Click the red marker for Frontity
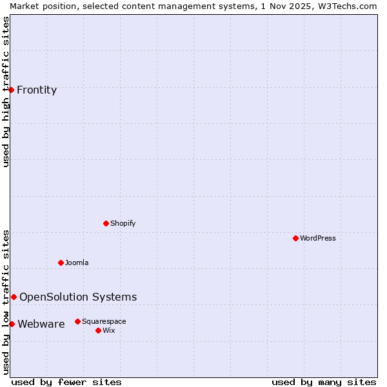12,90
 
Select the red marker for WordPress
295,238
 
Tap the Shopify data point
106,223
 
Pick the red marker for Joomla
61,263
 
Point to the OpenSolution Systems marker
14,297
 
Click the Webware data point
12,324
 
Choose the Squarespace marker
77,321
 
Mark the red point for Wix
98,330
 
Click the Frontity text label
37,90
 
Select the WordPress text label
318,238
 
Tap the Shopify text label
123,223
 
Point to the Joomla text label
77,263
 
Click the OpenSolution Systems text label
78,297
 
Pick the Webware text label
41,324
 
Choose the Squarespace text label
104,321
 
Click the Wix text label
108,330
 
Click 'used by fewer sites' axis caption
66,382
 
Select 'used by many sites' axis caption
324,382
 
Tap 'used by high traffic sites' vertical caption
6,92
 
